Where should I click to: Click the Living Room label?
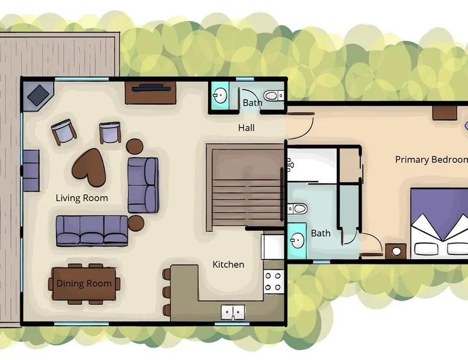(82, 198)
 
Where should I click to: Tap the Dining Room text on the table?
(84, 283)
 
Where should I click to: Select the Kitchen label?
(229, 264)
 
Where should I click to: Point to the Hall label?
(246, 128)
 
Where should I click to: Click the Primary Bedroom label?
(431, 160)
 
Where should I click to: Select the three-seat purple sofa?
(92, 231)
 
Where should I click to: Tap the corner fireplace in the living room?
(38, 96)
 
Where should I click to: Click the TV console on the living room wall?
(150, 93)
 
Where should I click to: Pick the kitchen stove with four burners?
(273, 281)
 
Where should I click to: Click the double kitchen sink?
(233, 313)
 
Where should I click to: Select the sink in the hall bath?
(220, 96)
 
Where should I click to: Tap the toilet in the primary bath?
(297, 209)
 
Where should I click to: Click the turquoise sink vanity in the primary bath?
(297, 241)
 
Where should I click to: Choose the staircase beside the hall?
(245, 188)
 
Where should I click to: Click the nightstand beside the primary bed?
(396, 251)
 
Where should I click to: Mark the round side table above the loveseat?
(135, 146)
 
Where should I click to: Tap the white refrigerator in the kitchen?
(273, 246)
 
